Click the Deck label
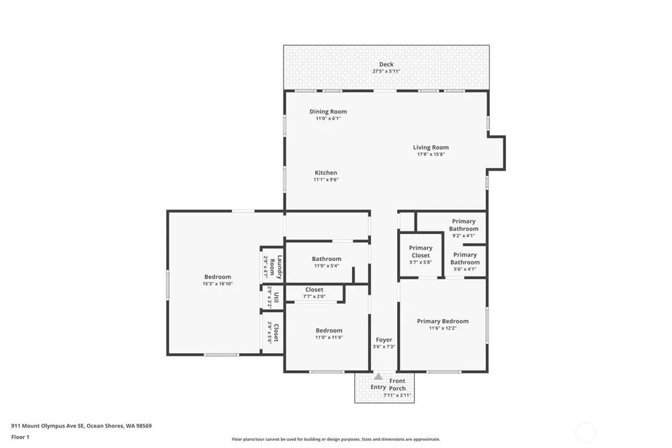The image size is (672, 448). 386,65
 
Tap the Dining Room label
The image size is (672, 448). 329,112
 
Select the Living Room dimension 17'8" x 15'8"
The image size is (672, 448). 431,155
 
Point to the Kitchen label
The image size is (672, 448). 326,172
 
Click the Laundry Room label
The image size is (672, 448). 276,267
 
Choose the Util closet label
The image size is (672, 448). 276,297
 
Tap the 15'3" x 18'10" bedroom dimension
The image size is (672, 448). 218,284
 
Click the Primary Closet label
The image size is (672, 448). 421,252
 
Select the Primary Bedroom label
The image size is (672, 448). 443,321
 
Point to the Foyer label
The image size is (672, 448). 384,340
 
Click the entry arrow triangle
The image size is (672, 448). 378,377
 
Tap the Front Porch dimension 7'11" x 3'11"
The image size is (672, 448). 397,396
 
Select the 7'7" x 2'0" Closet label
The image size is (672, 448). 314,290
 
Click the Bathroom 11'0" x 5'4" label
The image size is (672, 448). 327,259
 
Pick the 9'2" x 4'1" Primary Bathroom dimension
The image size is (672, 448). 464,235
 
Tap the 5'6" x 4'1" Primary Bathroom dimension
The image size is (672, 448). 465,269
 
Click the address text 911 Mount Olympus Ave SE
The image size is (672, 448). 48,426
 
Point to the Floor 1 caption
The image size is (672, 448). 20,437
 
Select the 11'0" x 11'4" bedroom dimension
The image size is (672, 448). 329,337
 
